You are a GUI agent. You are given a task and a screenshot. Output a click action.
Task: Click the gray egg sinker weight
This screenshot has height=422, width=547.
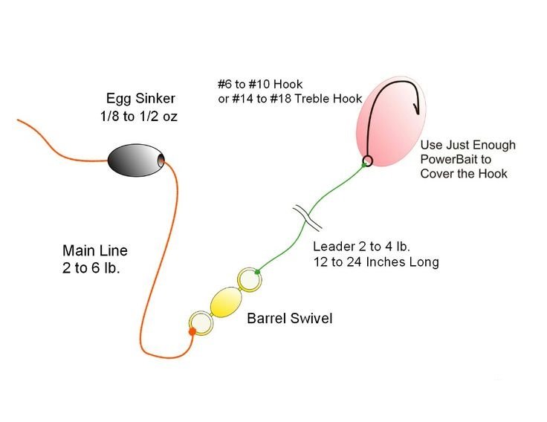pyautogui.click(x=136, y=160)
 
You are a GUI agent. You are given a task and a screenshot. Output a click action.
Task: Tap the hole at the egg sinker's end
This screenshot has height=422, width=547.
pyautogui.click(x=161, y=160)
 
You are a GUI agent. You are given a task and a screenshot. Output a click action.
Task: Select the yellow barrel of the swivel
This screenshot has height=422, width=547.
pyautogui.click(x=226, y=302)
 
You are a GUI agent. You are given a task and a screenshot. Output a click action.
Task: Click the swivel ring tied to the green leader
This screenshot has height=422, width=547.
pyautogui.click(x=250, y=279)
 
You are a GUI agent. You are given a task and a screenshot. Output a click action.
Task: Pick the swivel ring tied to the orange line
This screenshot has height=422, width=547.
pyautogui.click(x=201, y=323)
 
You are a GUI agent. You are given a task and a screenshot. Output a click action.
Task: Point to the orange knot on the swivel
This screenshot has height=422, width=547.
pyautogui.click(x=192, y=331)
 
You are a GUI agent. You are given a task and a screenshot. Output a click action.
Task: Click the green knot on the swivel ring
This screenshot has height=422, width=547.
pyautogui.click(x=257, y=272)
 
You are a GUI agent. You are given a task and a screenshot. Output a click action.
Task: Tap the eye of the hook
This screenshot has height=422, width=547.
pyautogui.click(x=367, y=160)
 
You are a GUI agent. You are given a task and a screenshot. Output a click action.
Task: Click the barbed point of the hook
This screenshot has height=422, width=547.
pyautogui.click(x=416, y=108)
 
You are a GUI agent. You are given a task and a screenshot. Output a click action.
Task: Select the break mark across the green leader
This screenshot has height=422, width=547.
pyautogui.click(x=307, y=218)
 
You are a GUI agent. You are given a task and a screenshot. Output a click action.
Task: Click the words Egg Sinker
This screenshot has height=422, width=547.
pyautogui.click(x=140, y=98)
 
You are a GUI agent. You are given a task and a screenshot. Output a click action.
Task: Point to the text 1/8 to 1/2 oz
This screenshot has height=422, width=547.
pyautogui.click(x=139, y=116)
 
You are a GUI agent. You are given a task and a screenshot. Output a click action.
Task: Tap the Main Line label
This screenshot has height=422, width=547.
pyautogui.click(x=95, y=250)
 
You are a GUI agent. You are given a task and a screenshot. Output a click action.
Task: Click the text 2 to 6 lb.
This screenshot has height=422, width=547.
pyautogui.click(x=91, y=268)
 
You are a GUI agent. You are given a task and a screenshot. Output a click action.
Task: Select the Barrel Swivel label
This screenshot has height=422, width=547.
pyautogui.click(x=290, y=318)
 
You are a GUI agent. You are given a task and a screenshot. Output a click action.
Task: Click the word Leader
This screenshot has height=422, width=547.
pyautogui.click(x=334, y=246)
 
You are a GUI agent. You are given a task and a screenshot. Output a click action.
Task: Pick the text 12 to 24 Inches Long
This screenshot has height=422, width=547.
pyautogui.click(x=376, y=262)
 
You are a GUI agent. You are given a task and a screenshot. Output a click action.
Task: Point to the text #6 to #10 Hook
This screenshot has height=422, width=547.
pyautogui.click(x=260, y=84)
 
